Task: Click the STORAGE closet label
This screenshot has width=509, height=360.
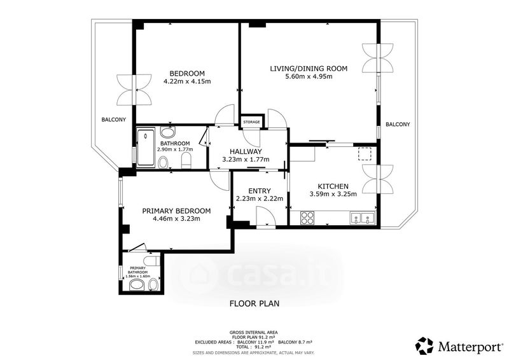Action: click(251, 122)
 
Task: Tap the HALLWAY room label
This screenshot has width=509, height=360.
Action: click(246, 151)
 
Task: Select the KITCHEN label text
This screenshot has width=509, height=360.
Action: click(333, 186)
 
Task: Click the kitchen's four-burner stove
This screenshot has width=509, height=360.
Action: click(307, 218)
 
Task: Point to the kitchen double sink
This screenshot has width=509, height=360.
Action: click(362, 218)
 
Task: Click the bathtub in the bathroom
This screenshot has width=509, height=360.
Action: click(146, 148)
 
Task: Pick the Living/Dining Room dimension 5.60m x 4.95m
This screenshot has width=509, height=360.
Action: click(309, 76)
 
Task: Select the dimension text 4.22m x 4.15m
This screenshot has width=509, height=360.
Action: click(187, 81)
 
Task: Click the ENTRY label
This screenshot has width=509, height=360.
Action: click(260, 191)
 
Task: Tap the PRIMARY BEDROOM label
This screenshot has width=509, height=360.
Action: click(176, 211)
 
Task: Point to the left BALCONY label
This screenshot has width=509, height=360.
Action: click(114, 120)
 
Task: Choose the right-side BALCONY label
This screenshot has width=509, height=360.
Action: click(398, 124)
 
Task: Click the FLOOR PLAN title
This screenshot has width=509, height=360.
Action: click(254, 303)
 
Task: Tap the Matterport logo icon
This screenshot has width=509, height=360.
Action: click(424, 346)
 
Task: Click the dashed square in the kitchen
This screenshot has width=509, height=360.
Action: click(365, 154)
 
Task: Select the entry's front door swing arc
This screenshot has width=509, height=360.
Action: click(267, 216)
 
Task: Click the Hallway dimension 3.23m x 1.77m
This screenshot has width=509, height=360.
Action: click(246, 160)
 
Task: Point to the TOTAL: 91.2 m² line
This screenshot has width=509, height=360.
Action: click(254, 347)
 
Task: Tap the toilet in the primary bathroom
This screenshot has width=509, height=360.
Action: click(152, 260)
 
